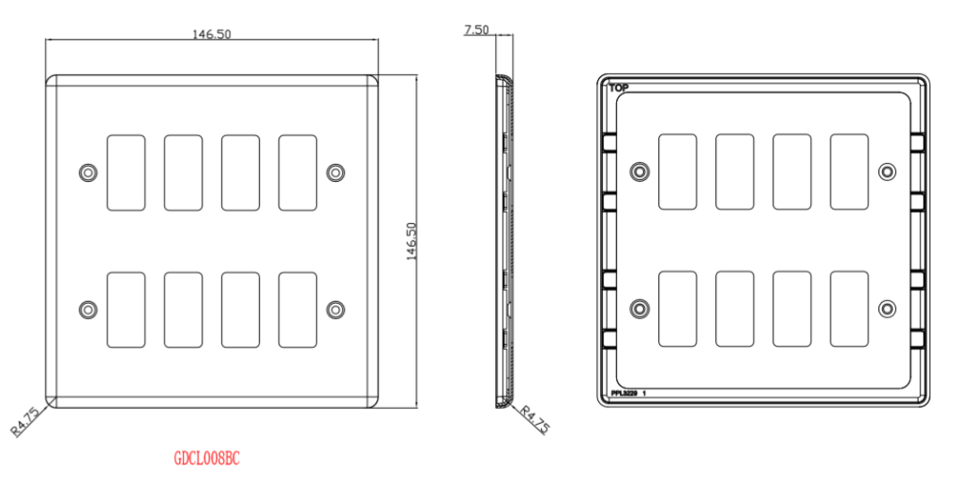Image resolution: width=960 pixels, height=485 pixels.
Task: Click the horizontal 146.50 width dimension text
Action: (212, 34)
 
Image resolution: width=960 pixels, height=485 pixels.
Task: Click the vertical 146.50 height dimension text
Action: (412, 242)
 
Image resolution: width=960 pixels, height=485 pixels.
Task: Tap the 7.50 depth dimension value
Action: (476, 30)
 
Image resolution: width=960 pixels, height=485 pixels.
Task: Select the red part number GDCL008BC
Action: (207, 459)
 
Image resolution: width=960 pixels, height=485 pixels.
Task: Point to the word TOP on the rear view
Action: (619, 88)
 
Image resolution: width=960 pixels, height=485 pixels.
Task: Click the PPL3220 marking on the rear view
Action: (624, 394)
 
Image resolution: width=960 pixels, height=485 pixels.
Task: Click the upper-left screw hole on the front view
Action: (88, 173)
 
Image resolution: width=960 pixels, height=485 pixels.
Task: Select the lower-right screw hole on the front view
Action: (336, 309)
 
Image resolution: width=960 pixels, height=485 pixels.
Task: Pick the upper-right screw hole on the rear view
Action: (887, 172)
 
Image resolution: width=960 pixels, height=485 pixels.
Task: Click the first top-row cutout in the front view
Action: (127, 173)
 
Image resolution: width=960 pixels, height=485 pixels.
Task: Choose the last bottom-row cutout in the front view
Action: (297, 309)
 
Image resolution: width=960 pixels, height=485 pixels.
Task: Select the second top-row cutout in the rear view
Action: (734, 172)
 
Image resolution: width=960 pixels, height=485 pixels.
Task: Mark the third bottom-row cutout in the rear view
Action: (791, 308)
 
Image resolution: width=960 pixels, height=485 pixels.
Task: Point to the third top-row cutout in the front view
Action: (240, 173)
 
